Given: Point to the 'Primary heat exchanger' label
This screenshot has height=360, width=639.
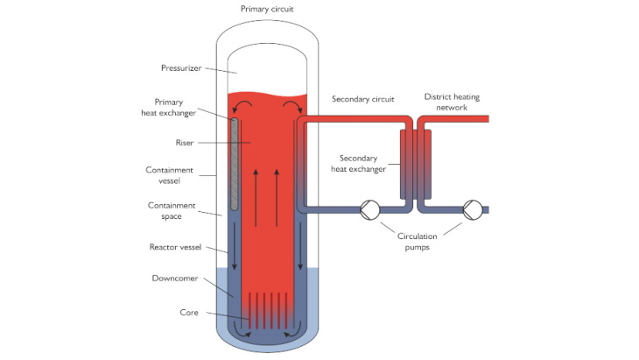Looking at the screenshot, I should [x=178, y=108].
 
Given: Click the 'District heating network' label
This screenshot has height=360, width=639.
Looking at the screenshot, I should [x=454, y=102].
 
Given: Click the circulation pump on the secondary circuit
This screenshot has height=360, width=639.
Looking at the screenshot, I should [x=369, y=209].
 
